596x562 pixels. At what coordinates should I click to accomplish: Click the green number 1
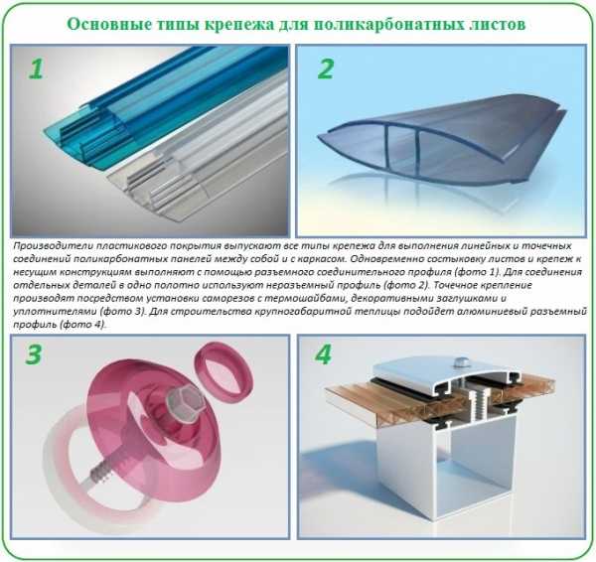pyautogui.click(x=36, y=70)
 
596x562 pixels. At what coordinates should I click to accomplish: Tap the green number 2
pyautogui.click(x=326, y=69)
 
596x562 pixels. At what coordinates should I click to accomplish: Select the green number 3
pyautogui.click(x=34, y=354)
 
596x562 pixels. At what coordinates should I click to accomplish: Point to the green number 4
pyautogui.click(x=323, y=354)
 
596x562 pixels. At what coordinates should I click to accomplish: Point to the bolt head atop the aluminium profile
pyautogui.click(x=460, y=361)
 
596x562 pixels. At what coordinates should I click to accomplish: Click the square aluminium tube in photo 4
pyautogui.click(x=450, y=475)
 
